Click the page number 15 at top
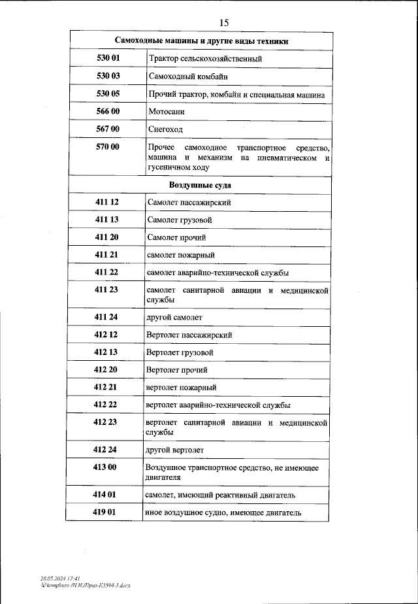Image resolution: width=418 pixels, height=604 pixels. pyautogui.click(x=224, y=23)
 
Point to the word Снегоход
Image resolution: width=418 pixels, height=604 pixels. pyautogui.click(x=166, y=129)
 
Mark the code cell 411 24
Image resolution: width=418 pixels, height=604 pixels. pyautogui.click(x=106, y=317)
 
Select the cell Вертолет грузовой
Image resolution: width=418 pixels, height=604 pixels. pyautogui.click(x=180, y=352)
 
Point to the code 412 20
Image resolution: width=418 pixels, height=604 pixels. pyautogui.click(x=105, y=369)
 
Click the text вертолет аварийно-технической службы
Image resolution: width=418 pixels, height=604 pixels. pyautogui.click(x=218, y=405)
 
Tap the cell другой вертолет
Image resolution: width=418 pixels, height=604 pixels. pyautogui.click(x=175, y=450)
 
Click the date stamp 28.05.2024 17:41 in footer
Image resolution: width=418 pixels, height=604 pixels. pyautogui.click(x=59, y=579)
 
